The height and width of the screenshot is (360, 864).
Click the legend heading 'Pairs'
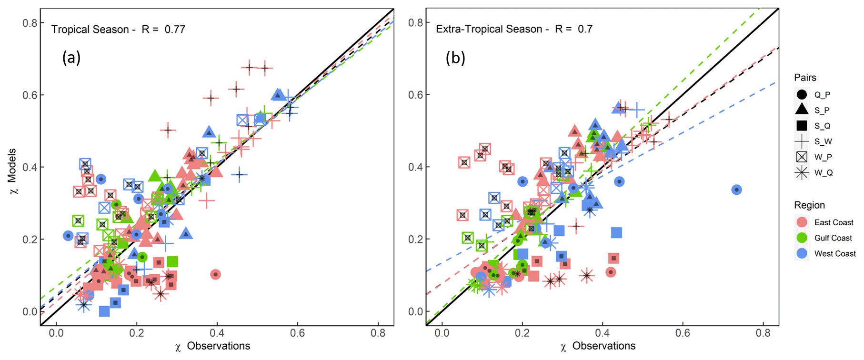805,78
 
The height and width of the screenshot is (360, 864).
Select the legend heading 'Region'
809,205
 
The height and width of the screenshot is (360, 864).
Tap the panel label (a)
71,58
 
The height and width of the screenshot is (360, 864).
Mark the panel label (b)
455,58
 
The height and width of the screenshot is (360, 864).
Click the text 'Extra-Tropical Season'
489,29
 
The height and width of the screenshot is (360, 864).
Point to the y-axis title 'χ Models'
12,171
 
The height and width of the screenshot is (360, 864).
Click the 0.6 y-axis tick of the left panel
30,95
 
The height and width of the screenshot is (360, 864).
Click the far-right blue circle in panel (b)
736,190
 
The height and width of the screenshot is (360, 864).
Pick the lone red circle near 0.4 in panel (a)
215,274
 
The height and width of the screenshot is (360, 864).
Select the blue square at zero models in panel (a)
104,311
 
